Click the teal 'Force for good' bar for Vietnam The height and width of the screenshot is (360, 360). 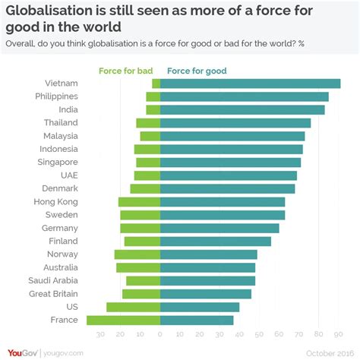tap(250, 84)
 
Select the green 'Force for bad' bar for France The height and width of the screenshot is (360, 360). tap(123, 320)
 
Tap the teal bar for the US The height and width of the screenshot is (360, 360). tap(200, 307)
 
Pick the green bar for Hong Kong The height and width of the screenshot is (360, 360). tap(139, 202)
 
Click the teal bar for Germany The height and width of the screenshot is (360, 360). tap(219, 228)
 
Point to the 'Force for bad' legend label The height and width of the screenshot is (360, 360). tap(126, 71)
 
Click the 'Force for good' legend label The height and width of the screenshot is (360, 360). tap(197, 71)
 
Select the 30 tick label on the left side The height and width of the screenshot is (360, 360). tap(100, 333)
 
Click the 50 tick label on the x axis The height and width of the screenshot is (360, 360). tap(260, 333)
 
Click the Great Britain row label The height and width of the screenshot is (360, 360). tap(50, 293)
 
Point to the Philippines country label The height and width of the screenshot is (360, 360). tap(56, 96)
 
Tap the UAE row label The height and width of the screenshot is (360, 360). tap(68, 175)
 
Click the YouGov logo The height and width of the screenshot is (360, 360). tap(24, 352)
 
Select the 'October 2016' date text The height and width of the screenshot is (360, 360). tap(329, 352)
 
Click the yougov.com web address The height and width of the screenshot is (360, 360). tap(64, 352)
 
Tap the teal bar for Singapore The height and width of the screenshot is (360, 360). tap(231, 163)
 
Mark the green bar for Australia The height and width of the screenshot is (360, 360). tap(138, 267)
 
